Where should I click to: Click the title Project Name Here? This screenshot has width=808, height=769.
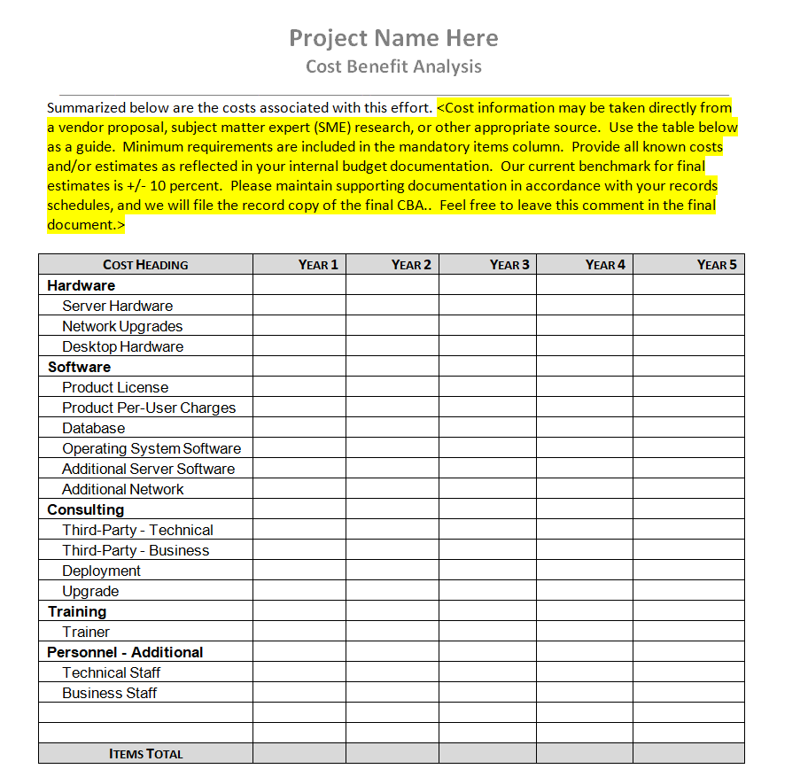(x=393, y=38)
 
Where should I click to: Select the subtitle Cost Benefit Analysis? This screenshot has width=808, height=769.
(x=393, y=66)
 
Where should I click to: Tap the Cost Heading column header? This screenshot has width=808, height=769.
(x=145, y=264)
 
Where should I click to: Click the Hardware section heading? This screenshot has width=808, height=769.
(x=82, y=285)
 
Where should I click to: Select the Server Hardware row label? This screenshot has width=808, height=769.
(x=118, y=306)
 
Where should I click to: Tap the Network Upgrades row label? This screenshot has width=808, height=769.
(x=122, y=326)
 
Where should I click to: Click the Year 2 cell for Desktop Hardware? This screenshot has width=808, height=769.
(x=392, y=346)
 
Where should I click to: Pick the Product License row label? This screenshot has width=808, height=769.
(x=115, y=387)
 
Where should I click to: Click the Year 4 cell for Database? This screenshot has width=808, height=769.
(x=584, y=428)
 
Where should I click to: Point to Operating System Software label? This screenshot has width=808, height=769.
(x=151, y=448)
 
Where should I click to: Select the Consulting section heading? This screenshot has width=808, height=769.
(x=86, y=509)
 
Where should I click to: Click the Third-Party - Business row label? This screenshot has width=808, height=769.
(x=136, y=550)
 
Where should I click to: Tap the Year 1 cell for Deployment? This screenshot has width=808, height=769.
(x=299, y=571)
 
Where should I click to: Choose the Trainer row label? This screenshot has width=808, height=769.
(x=86, y=632)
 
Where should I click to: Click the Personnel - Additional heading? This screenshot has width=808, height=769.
(x=125, y=652)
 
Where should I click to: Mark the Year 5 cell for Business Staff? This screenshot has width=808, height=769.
(x=688, y=693)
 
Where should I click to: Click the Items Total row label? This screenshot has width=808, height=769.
(x=145, y=754)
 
